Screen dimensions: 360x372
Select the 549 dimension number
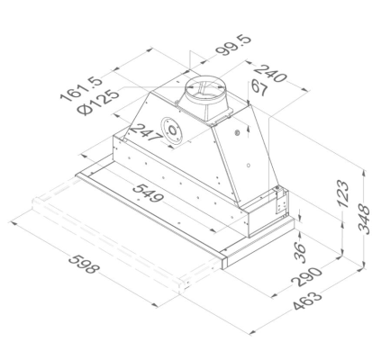tap(151, 194)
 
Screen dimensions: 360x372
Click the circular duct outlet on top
tap(204, 93)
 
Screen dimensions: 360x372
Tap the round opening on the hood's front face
tap(172, 130)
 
